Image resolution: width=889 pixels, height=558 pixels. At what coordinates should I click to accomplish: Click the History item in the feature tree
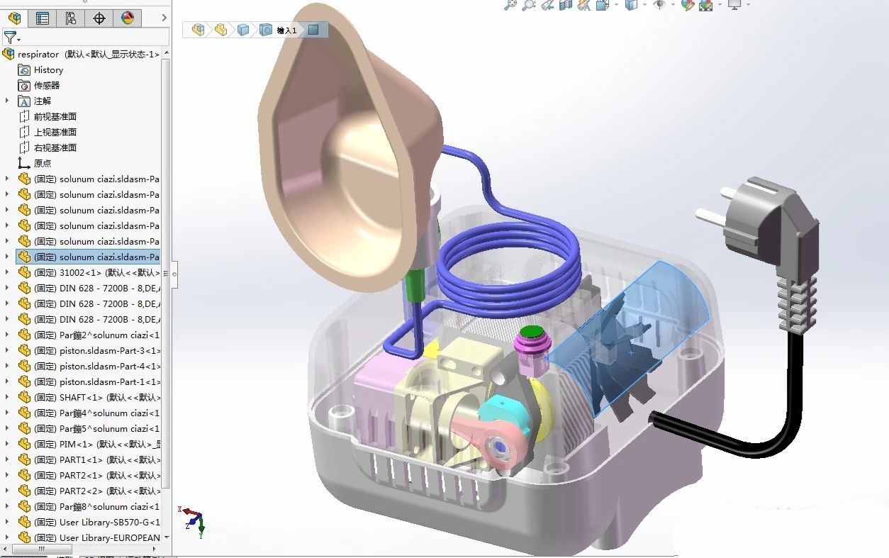click(x=48, y=70)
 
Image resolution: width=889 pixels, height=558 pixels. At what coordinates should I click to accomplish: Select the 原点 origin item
click(x=43, y=164)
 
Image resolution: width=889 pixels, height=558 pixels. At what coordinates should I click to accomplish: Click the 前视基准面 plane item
click(x=55, y=117)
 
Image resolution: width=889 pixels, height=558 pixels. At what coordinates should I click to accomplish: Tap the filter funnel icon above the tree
click(x=10, y=38)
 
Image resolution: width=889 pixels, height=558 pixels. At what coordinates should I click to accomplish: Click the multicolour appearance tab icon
click(x=128, y=18)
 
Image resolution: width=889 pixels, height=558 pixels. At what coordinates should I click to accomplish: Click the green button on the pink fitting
click(x=530, y=331)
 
